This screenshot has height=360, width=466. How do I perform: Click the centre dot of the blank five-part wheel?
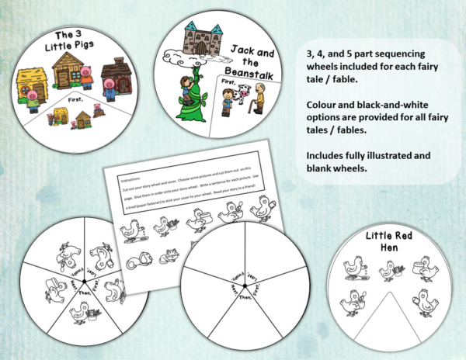point(241,286)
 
